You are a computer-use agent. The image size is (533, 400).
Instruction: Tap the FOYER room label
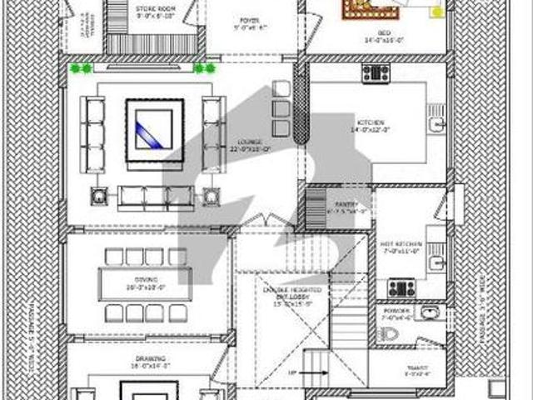248,22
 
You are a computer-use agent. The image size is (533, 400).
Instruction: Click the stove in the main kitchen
376,73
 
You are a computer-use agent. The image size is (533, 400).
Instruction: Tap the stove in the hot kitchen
401,289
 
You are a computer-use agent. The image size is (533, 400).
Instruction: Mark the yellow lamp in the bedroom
436,11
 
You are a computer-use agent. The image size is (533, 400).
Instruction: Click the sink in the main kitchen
434,126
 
